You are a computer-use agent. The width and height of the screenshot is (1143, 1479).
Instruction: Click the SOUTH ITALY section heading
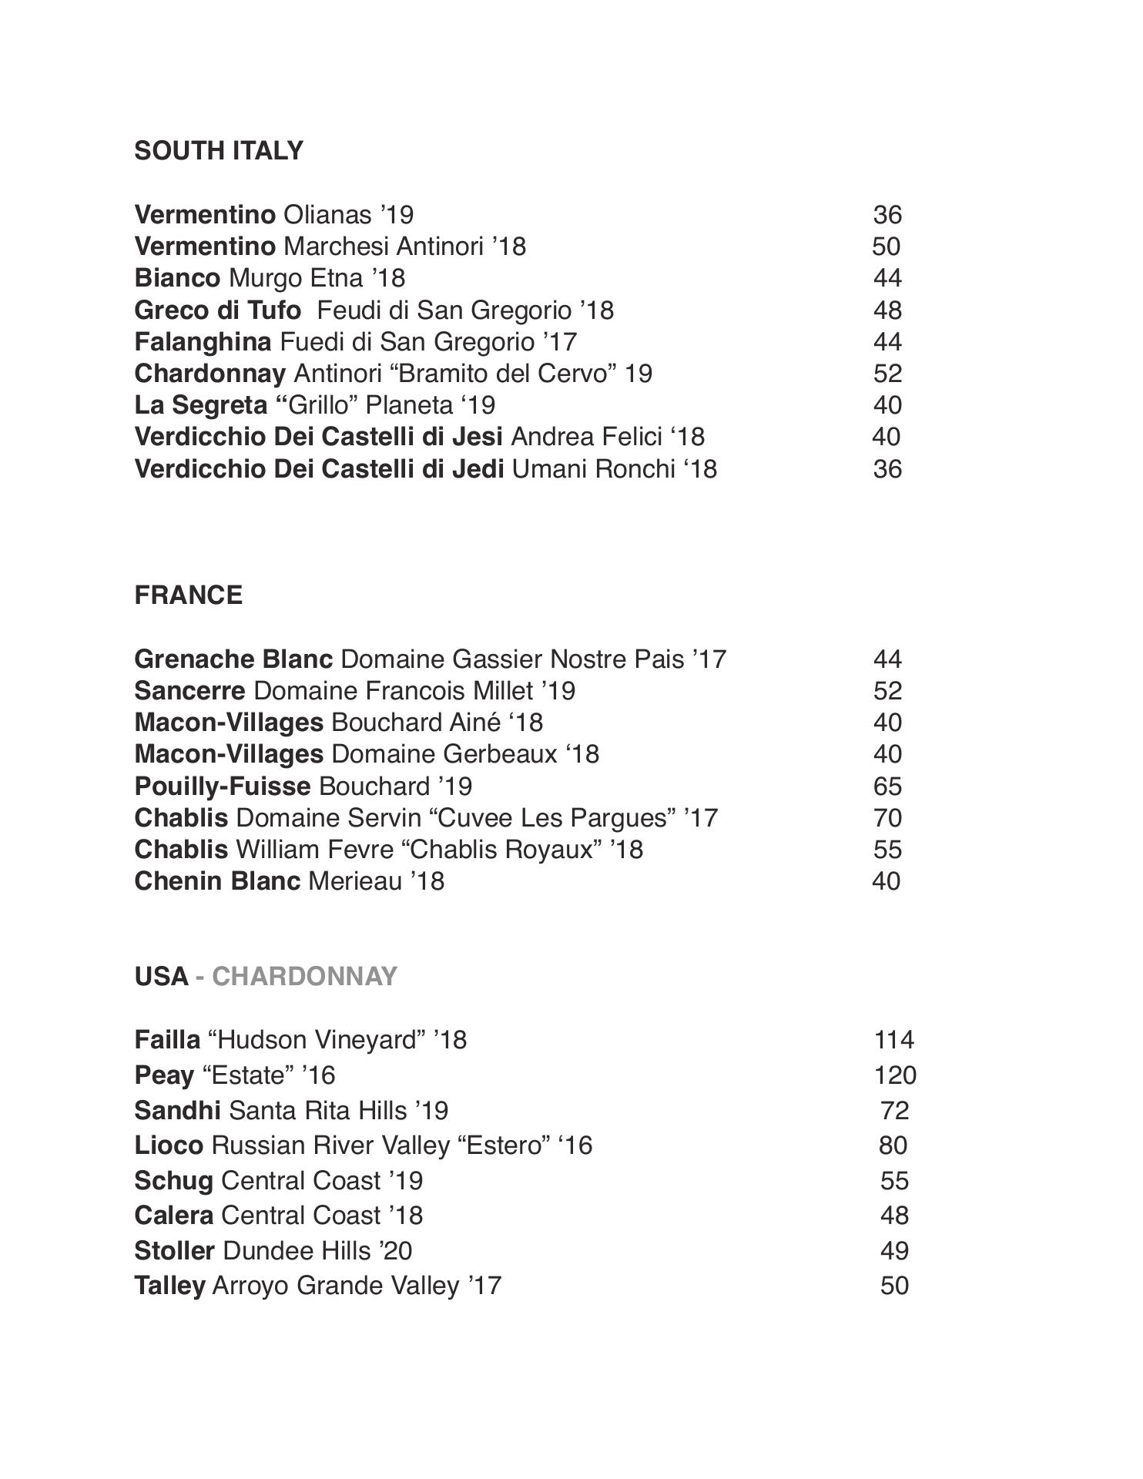[x=219, y=151]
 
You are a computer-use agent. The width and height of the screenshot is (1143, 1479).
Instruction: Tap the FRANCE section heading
[x=188, y=595]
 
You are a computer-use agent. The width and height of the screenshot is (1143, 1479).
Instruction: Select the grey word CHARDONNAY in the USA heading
[x=304, y=977]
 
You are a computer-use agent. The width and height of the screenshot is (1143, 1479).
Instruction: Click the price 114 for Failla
[x=893, y=1040]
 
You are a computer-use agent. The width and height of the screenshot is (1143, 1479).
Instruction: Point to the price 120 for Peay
[x=895, y=1075]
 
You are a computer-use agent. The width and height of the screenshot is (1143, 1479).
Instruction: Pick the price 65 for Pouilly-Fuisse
[x=887, y=786]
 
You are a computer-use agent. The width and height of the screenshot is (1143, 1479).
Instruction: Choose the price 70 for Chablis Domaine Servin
[x=887, y=818]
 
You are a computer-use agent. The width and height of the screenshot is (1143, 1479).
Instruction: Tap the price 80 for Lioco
[x=893, y=1145]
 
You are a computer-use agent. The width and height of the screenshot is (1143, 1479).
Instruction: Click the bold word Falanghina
[x=203, y=342]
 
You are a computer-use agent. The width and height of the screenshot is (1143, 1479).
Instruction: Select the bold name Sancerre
[x=189, y=691]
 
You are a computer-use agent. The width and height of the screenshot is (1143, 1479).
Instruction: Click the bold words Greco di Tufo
[x=217, y=310]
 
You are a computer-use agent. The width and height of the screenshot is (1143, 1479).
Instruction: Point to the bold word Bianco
[x=177, y=278]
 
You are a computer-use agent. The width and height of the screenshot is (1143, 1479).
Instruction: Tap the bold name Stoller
[x=174, y=1251]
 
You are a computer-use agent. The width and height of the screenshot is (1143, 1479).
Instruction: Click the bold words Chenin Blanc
[x=217, y=881]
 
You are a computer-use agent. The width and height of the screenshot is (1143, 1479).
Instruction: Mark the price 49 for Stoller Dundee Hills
[x=894, y=1251]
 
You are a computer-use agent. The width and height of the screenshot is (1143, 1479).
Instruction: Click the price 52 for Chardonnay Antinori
[x=887, y=374]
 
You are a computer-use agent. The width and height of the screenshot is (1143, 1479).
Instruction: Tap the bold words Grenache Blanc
[x=233, y=659]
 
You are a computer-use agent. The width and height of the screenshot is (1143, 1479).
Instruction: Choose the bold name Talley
[x=169, y=1286]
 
